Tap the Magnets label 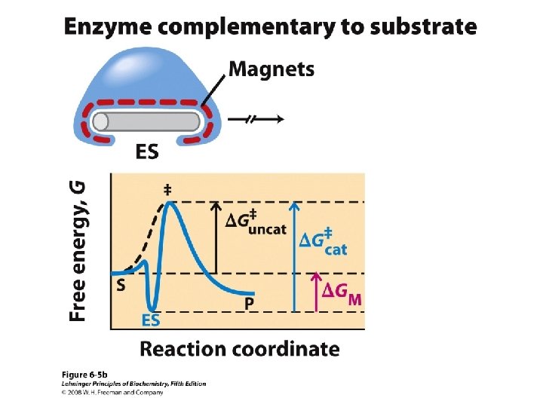(x=271, y=70)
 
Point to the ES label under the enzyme (x=147, y=152)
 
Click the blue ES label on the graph (x=152, y=320)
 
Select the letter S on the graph (x=121, y=286)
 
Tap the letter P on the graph (x=250, y=304)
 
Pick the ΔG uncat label (x=256, y=223)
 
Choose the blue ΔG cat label (x=324, y=243)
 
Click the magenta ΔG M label (x=342, y=293)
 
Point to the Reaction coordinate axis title (x=240, y=349)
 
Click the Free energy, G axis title (x=78, y=250)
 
